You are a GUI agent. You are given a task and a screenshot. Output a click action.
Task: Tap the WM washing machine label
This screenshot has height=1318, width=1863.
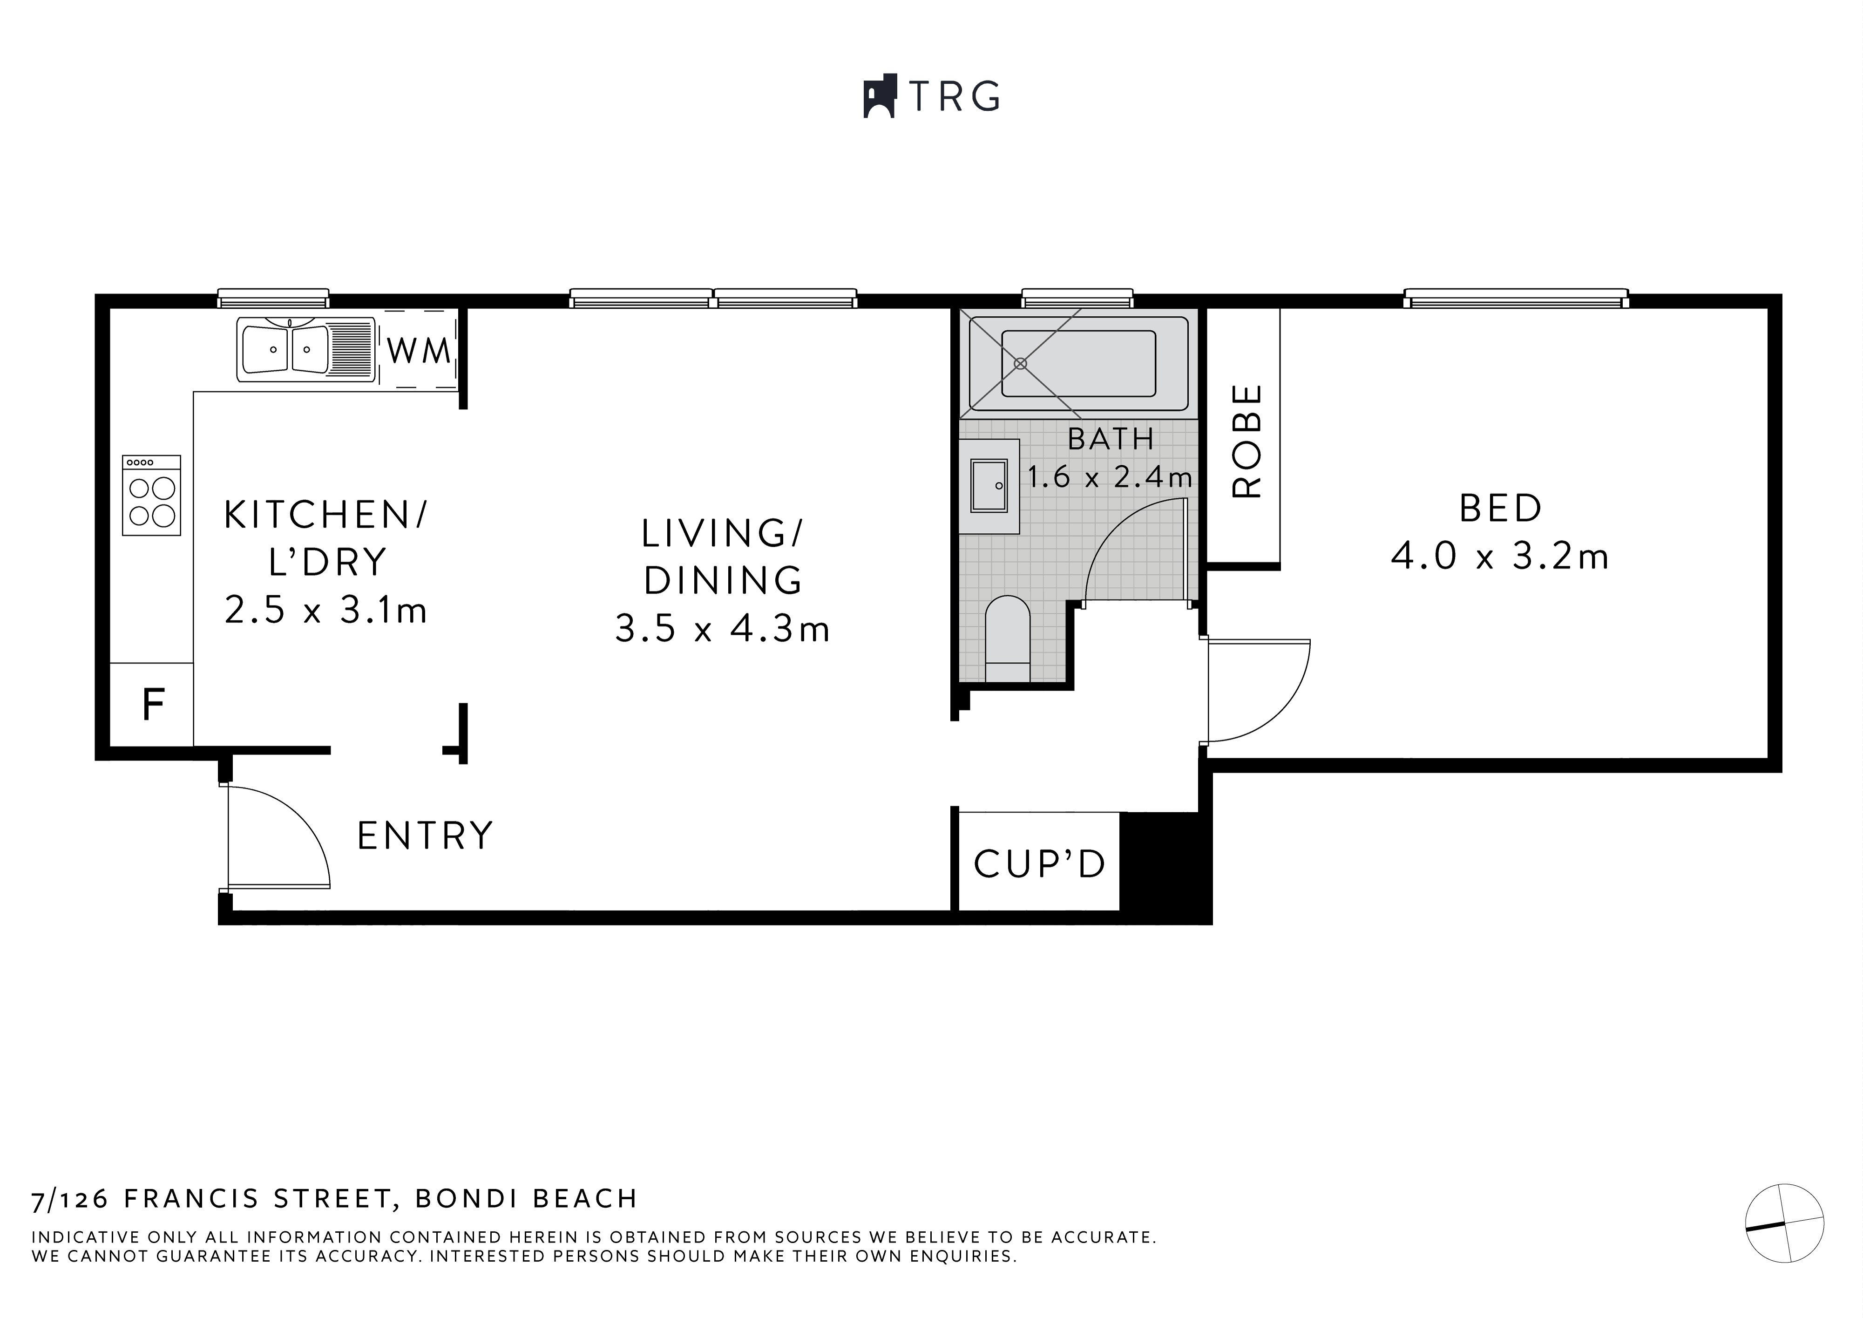[419, 351]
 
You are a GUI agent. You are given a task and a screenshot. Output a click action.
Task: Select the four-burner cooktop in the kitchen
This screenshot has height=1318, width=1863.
[152, 495]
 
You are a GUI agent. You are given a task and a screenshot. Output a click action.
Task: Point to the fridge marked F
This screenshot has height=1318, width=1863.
[153, 705]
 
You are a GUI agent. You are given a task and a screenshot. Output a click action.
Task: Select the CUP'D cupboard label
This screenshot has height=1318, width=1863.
[1039, 864]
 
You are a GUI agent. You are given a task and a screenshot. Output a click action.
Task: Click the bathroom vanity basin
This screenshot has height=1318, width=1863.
[989, 485]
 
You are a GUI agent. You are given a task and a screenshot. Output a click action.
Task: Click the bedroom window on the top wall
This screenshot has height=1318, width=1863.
[1516, 299]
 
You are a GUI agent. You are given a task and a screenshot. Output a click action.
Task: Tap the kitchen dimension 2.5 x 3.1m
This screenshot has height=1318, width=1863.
[325, 610]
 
